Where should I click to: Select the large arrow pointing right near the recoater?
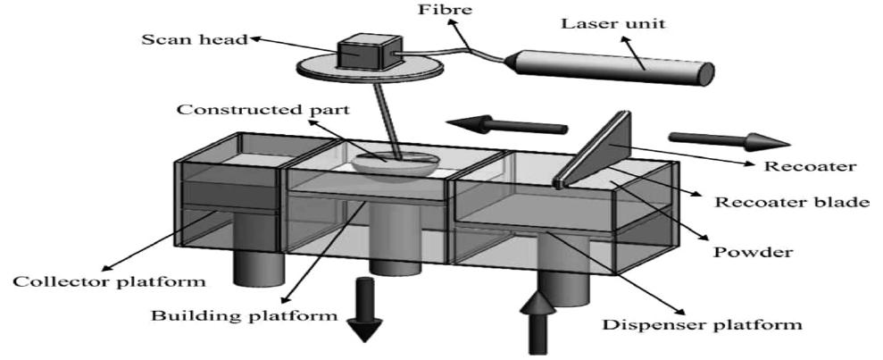(729, 139)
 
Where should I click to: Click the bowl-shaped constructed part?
(394, 164)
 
